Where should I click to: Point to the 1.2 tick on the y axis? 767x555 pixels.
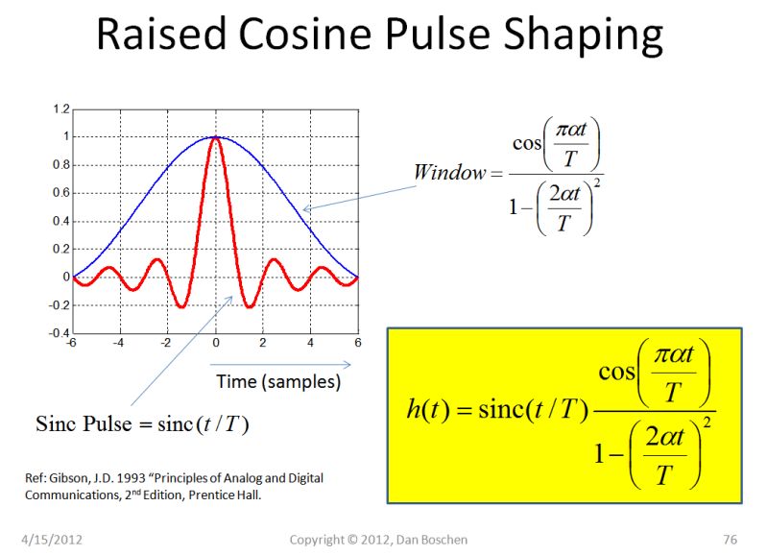pyautogui.click(x=61, y=109)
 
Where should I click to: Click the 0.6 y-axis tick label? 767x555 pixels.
pyautogui.click(x=61, y=193)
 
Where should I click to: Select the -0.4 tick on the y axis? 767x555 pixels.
pyautogui.click(x=60, y=333)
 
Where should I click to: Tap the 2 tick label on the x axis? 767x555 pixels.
pyautogui.click(x=263, y=344)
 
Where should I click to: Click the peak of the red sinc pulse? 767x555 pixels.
pyautogui.click(x=216, y=138)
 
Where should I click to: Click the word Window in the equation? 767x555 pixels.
pyautogui.click(x=449, y=173)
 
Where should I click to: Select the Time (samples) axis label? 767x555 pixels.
pyautogui.click(x=278, y=381)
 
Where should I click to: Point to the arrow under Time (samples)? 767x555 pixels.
pyautogui.click(x=280, y=365)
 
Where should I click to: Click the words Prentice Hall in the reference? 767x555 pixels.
pyautogui.click(x=228, y=495)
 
